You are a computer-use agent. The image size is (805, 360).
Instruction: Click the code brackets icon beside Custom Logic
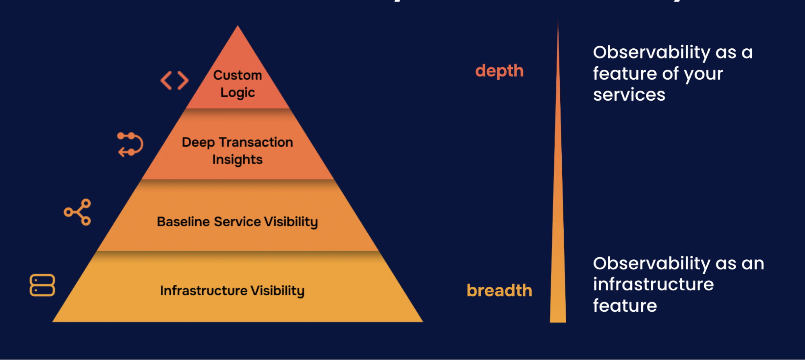pyautogui.click(x=174, y=81)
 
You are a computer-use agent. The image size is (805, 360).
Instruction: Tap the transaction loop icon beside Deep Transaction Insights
pyautogui.click(x=130, y=144)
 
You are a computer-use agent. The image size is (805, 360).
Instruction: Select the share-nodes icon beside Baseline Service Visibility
pyautogui.click(x=78, y=212)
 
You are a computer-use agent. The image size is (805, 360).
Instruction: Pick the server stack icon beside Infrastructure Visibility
pyautogui.click(x=42, y=285)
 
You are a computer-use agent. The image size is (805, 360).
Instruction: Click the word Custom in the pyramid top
pyautogui.click(x=237, y=75)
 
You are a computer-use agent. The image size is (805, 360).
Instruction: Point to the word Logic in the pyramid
pyautogui.click(x=237, y=93)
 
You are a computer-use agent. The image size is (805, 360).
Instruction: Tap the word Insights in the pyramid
pyautogui.click(x=237, y=159)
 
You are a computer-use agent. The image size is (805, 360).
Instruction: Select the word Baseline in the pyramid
pyautogui.click(x=183, y=221)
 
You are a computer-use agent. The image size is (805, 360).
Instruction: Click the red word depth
pyautogui.click(x=499, y=71)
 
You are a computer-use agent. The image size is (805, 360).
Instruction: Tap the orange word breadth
pyautogui.click(x=499, y=290)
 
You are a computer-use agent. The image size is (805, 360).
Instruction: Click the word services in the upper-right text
pyautogui.click(x=629, y=95)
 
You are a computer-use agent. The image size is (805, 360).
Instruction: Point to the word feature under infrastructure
pyautogui.click(x=625, y=306)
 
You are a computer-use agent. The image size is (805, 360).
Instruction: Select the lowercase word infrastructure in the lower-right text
pyautogui.click(x=653, y=284)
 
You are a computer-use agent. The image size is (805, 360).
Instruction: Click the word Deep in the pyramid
pyautogui.click(x=198, y=143)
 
